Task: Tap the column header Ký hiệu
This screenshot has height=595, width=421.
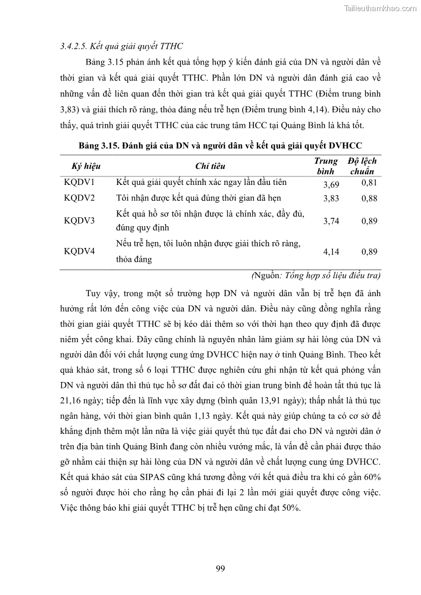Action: coord(86,166)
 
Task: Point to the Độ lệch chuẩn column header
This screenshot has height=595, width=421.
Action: coord(362,166)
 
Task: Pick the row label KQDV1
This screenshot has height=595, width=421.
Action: coord(79,183)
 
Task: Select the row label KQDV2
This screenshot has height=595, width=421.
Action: coord(79,198)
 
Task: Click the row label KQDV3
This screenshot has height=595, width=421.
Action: coord(79,221)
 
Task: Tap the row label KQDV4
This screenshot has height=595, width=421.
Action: coord(79,251)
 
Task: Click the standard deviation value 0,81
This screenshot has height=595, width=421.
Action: coord(369,183)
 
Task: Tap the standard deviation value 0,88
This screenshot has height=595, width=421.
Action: coord(369,199)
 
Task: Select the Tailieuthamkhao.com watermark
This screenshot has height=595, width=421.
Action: coord(380,8)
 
